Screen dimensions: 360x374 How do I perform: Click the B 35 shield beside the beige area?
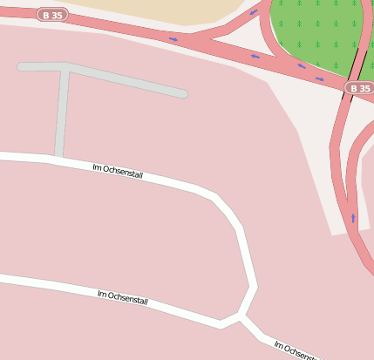pos(52,15)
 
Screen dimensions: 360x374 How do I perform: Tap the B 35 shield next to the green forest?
pos(359,88)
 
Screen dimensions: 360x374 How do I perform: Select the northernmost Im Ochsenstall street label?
pos(118,171)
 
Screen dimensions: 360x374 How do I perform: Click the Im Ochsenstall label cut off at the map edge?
pos(296,350)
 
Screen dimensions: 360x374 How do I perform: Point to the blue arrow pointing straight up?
pos(353,217)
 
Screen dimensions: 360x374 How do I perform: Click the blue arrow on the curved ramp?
pos(254,13)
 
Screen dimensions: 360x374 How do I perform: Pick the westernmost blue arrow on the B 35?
pos(173,38)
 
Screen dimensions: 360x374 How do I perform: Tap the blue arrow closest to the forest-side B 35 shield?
pos(320,79)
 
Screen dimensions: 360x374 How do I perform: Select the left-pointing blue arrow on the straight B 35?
pos(255,57)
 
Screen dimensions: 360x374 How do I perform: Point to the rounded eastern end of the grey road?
pos(182,93)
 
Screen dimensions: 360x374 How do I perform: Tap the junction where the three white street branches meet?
pos(241,316)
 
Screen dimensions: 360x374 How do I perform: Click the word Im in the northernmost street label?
pos(97,166)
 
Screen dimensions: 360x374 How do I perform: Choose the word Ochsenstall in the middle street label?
pos(128,300)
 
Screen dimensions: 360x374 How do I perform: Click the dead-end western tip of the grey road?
pos(21,66)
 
